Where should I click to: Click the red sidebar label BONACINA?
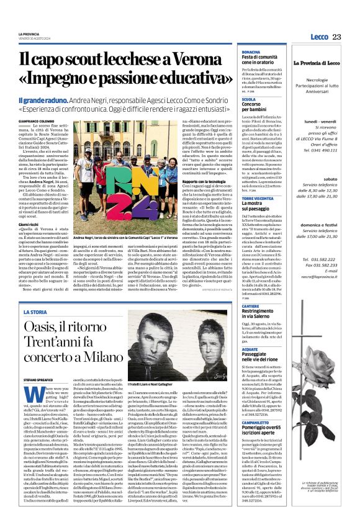(250, 52)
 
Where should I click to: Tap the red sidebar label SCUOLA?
(247, 99)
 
